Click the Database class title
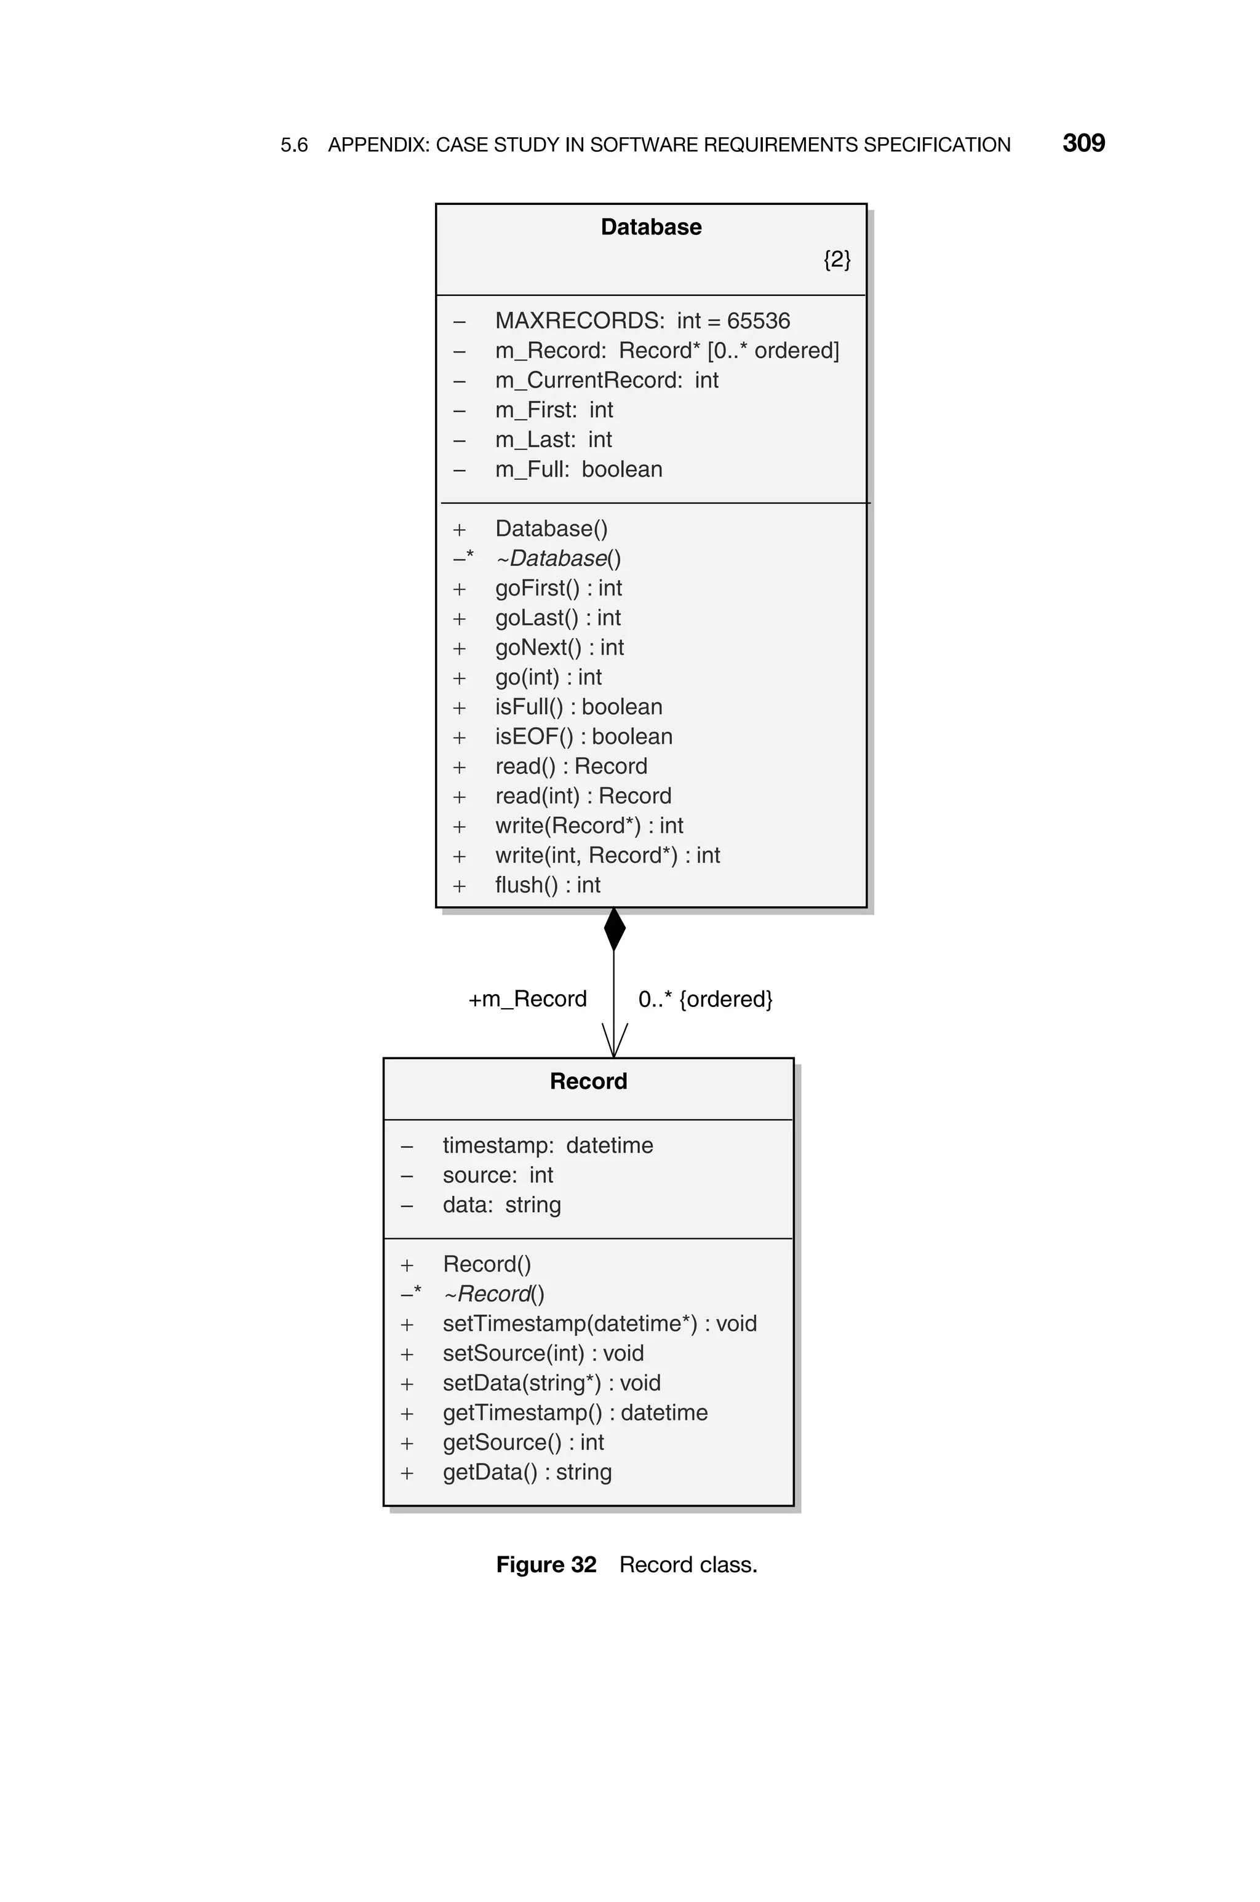pos(650,228)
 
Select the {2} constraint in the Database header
pos(837,260)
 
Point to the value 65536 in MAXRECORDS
pos(758,320)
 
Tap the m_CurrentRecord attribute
pos(606,380)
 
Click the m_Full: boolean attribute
pos(578,469)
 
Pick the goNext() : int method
pos(559,647)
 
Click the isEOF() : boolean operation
pos(583,736)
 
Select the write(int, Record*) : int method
pos(607,856)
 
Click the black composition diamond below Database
pos(614,929)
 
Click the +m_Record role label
pos(527,999)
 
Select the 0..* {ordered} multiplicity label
pos(704,999)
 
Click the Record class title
pos(588,1081)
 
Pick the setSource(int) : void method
pos(543,1353)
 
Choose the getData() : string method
pos(527,1472)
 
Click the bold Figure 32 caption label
pos(546,1565)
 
